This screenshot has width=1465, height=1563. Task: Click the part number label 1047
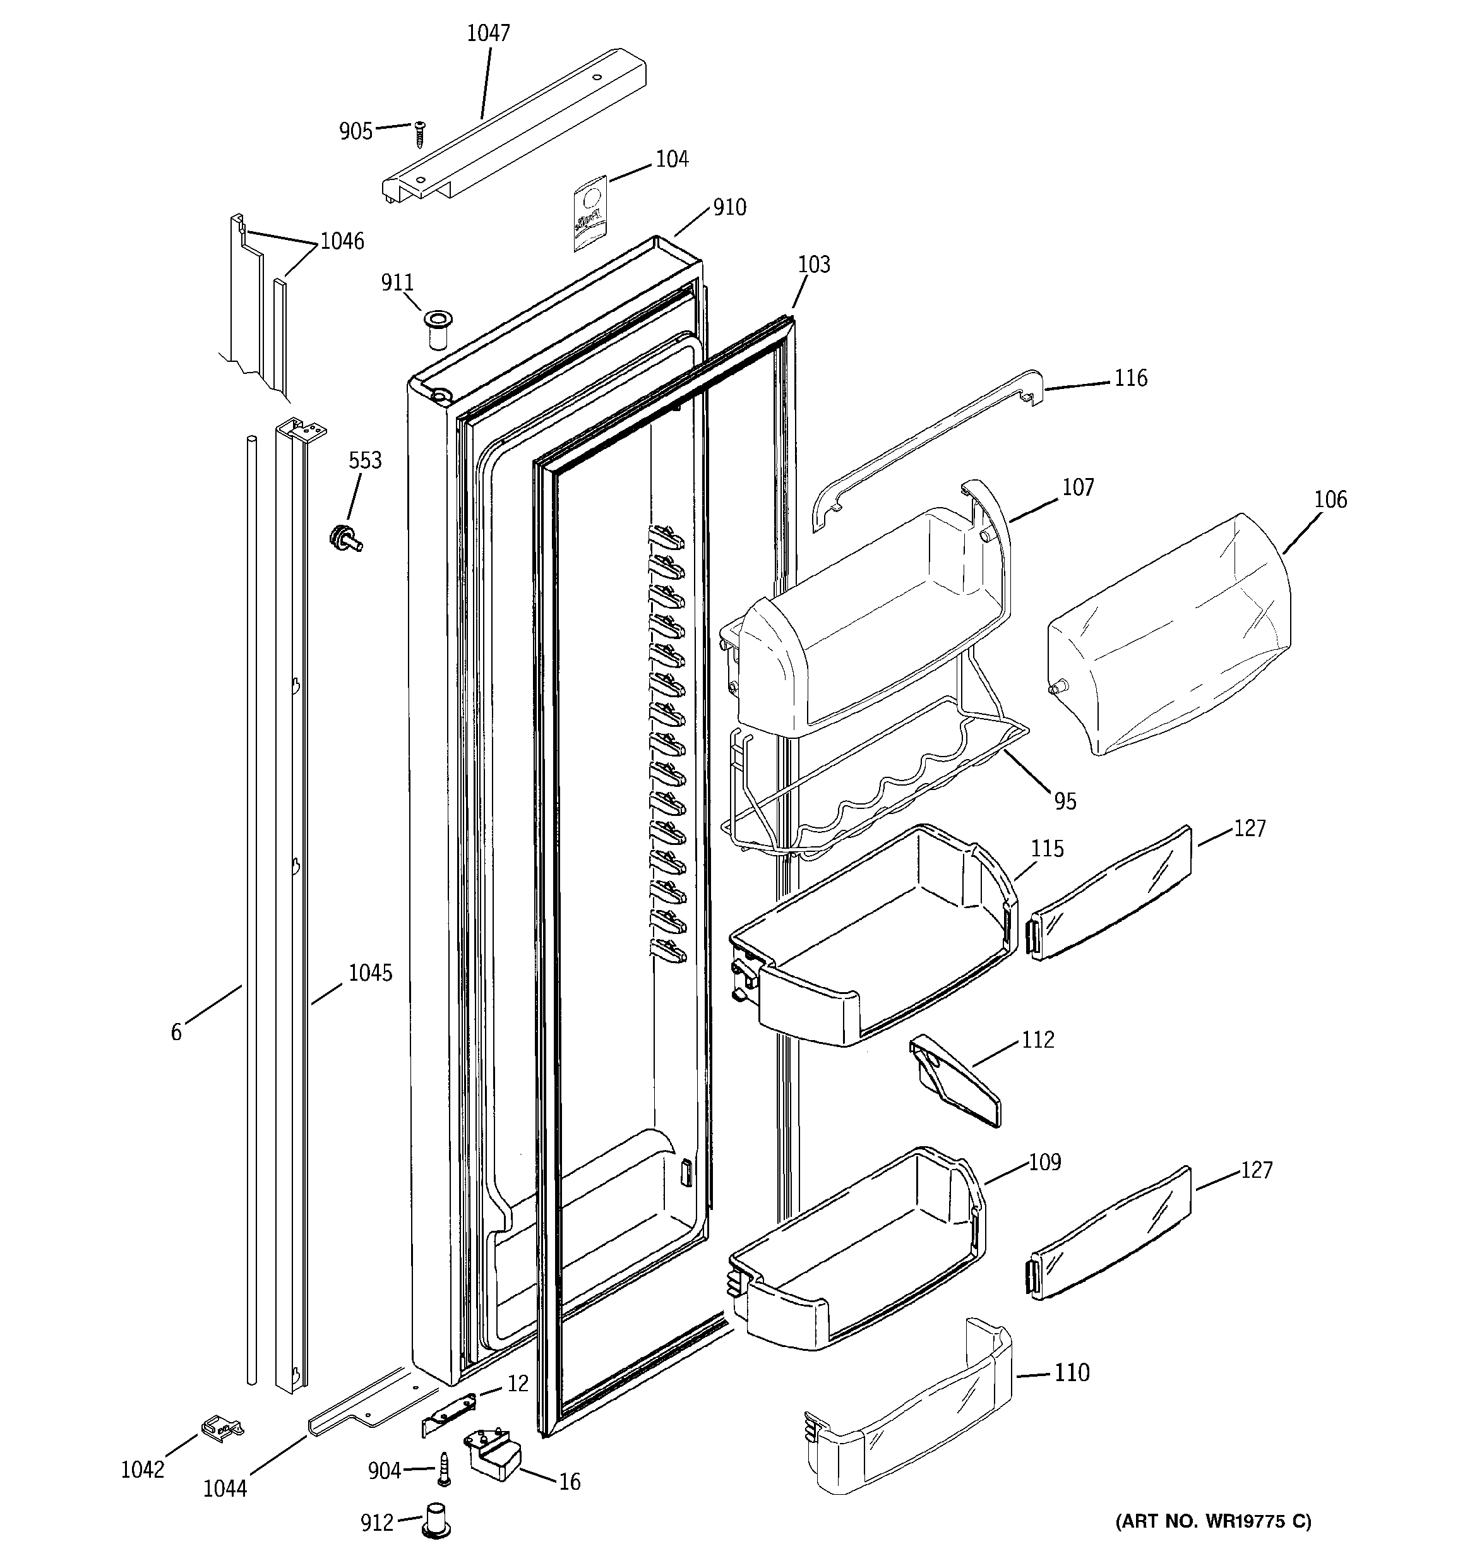pos(488,33)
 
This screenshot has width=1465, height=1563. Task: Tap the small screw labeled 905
pos(421,134)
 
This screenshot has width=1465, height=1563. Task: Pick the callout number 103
pos(814,265)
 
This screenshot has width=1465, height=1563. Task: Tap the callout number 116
pos(1131,378)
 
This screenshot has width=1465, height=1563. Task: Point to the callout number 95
pos(1065,801)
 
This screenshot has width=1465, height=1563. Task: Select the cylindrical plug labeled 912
pos(437,1521)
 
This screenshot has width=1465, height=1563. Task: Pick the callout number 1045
pos(371,973)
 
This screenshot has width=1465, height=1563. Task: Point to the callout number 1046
pos(342,241)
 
